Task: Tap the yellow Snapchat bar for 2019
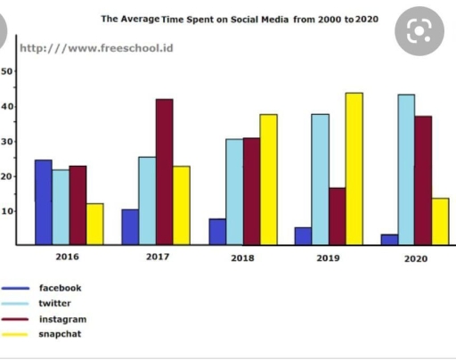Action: pyautogui.click(x=354, y=168)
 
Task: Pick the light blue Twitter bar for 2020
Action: pyautogui.click(x=406, y=169)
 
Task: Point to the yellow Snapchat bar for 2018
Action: pyautogui.click(x=268, y=179)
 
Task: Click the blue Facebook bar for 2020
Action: pyautogui.click(x=389, y=240)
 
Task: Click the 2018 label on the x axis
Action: pyautogui.click(x=242, y=258)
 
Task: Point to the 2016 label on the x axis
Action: pyautogui.click(x=69, y=257)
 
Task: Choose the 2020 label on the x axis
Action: pyautogui.click(x=415, y=258)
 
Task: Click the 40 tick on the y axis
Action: pyautogui.click(x=8, y=107)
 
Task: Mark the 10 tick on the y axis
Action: pyautogui.click(x=8, y=211)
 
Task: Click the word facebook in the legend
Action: pyautogui.click(x=60, y=288)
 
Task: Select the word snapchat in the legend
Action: pyautogui.click(x=60, y=334)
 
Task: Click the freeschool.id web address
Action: pyautogui.click(x=96, y=47)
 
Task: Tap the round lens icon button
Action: pyautogui.click(x=419, y=32)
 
